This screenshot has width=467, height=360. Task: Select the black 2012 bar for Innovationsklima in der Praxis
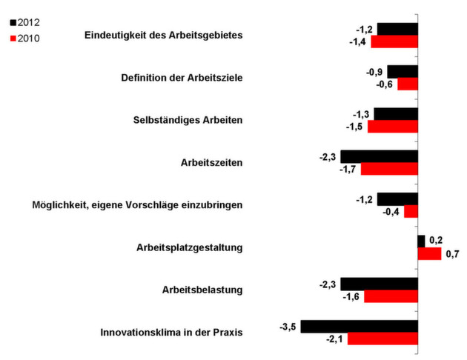[x=360, y=326]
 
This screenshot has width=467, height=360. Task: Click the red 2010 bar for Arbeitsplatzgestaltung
[x=429, y=254]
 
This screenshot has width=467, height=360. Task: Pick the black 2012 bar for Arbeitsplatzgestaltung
[x=421, y=241]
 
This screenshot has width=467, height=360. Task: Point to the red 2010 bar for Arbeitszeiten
[x=389, y=169]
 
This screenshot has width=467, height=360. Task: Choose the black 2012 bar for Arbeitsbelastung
[x=379, y=284]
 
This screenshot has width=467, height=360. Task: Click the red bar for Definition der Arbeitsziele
[x=408, y=84]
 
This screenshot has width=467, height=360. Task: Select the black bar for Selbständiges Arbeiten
[x=396, y=114]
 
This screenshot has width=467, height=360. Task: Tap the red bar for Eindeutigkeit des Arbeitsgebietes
[x=394, y=41]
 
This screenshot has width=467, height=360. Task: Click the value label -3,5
[x=289, y=326]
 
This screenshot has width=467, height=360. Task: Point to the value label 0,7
[x=452, y=255]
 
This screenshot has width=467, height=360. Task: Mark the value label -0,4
[x=392, y=212]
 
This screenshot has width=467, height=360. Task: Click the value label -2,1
[x=336, y=339]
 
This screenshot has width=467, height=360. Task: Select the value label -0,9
[x=375, y=72]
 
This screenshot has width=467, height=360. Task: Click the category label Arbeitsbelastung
[x=202, y=289]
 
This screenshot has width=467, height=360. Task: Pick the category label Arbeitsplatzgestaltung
[x=190, y=247]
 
